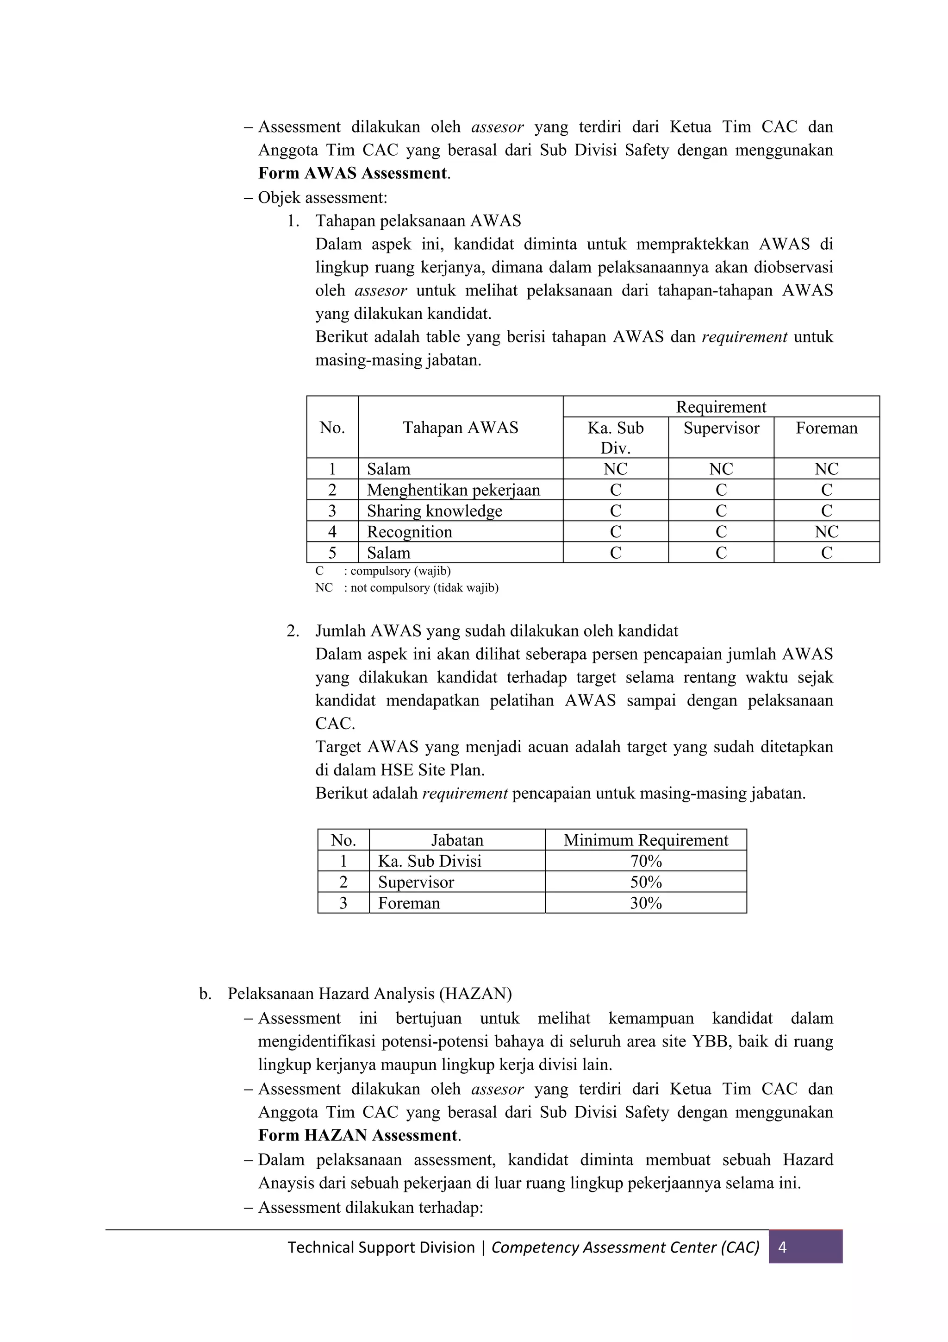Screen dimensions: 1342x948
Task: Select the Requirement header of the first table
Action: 721,407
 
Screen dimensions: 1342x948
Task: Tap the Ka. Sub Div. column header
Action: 615,437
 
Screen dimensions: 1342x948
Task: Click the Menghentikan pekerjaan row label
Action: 453,490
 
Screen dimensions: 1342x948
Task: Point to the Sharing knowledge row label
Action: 434,511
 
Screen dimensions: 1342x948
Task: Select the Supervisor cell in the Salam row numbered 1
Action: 721,469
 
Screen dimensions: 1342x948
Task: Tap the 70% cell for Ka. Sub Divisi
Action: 645,861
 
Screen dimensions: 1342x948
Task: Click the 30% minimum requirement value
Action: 645,903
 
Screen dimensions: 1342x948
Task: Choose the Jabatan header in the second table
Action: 457,840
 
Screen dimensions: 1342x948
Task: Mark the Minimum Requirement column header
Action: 645,840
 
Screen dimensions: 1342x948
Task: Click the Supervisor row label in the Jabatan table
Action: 416,882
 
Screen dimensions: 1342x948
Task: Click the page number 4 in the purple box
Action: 783,1247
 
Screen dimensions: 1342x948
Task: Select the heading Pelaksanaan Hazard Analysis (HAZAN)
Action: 369,994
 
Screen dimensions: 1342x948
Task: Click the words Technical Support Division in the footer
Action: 381,1247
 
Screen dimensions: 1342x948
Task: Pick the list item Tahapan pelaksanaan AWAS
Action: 418,221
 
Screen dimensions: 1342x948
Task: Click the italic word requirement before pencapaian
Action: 465,793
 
